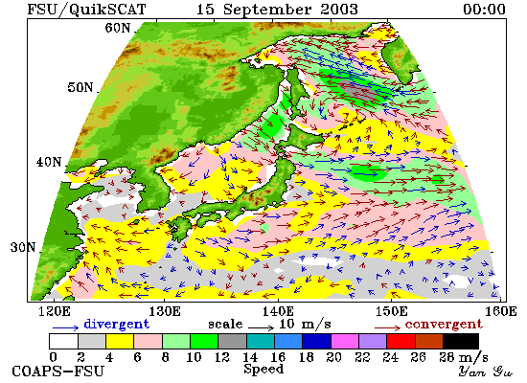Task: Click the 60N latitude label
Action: point(117,28)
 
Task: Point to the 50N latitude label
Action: point(80,87)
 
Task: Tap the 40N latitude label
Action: point(49,162)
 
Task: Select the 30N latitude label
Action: point(23,248)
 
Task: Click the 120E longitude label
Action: point(55,312)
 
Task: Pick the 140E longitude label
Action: point(278,312)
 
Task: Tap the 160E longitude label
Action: point(500,312)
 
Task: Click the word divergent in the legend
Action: point(116,325)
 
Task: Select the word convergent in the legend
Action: point(444,325)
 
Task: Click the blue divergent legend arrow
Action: point(65,327)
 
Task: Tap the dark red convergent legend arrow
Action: point(387,327)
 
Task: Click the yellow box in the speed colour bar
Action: point(120,341)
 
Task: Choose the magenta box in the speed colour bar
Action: point(345,341)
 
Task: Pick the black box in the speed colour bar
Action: point(461,341)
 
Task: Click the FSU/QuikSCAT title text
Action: point(86,10)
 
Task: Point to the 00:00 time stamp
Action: point(484,9)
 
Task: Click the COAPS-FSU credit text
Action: point(58,372)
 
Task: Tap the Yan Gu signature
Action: point(486,372)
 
